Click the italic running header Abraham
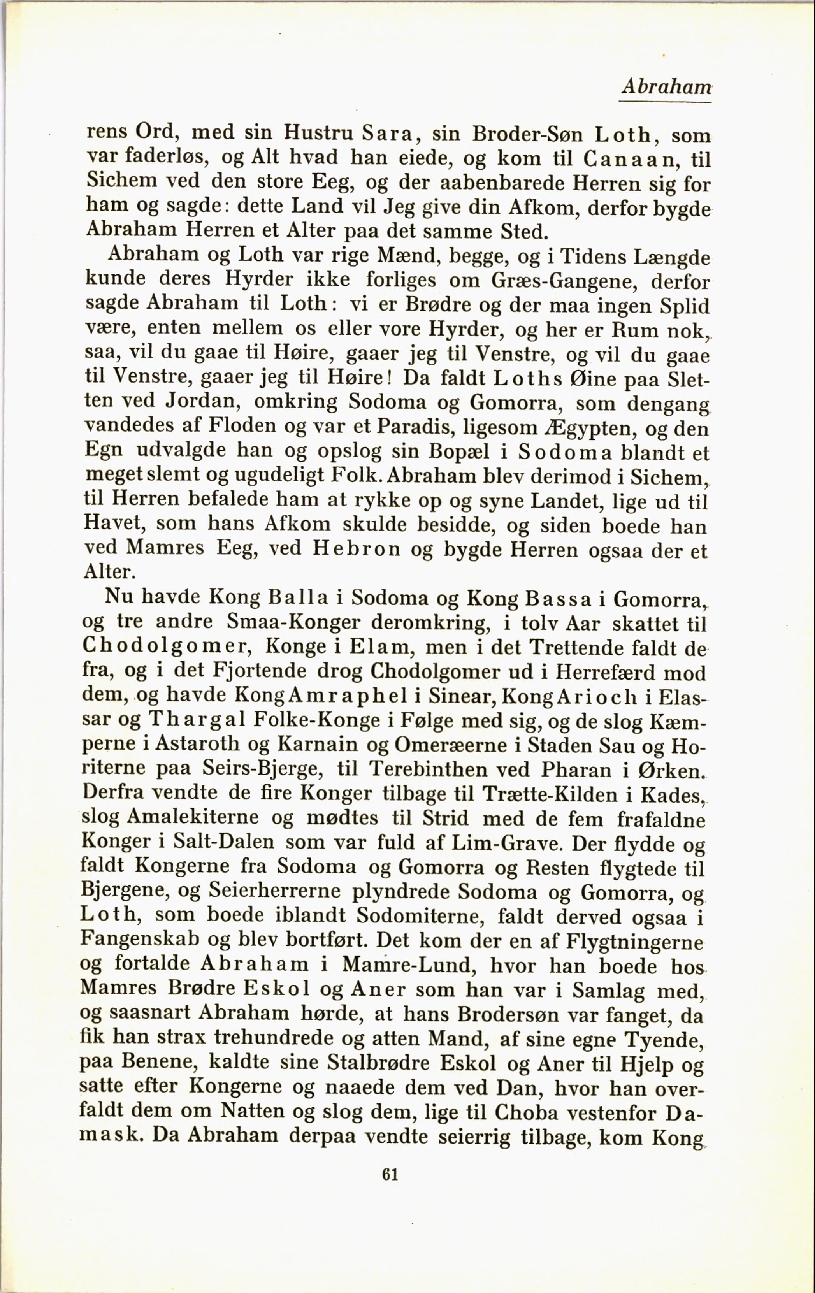tap(666, 87)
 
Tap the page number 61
tap(390, 1174)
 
